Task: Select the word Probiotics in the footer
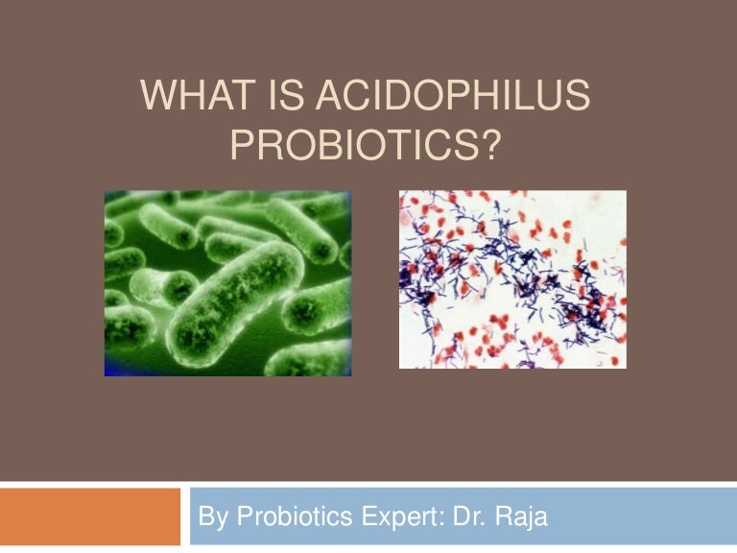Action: [x=283, y=517]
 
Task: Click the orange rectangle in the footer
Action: [x=90, y=517]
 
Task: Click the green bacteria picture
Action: [x=227, y=282]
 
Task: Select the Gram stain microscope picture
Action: [x=512, y=278]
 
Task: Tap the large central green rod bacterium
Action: [x=230, y=298]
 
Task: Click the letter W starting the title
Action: [x=154, y=99]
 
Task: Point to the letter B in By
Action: [x=204, y=517]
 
